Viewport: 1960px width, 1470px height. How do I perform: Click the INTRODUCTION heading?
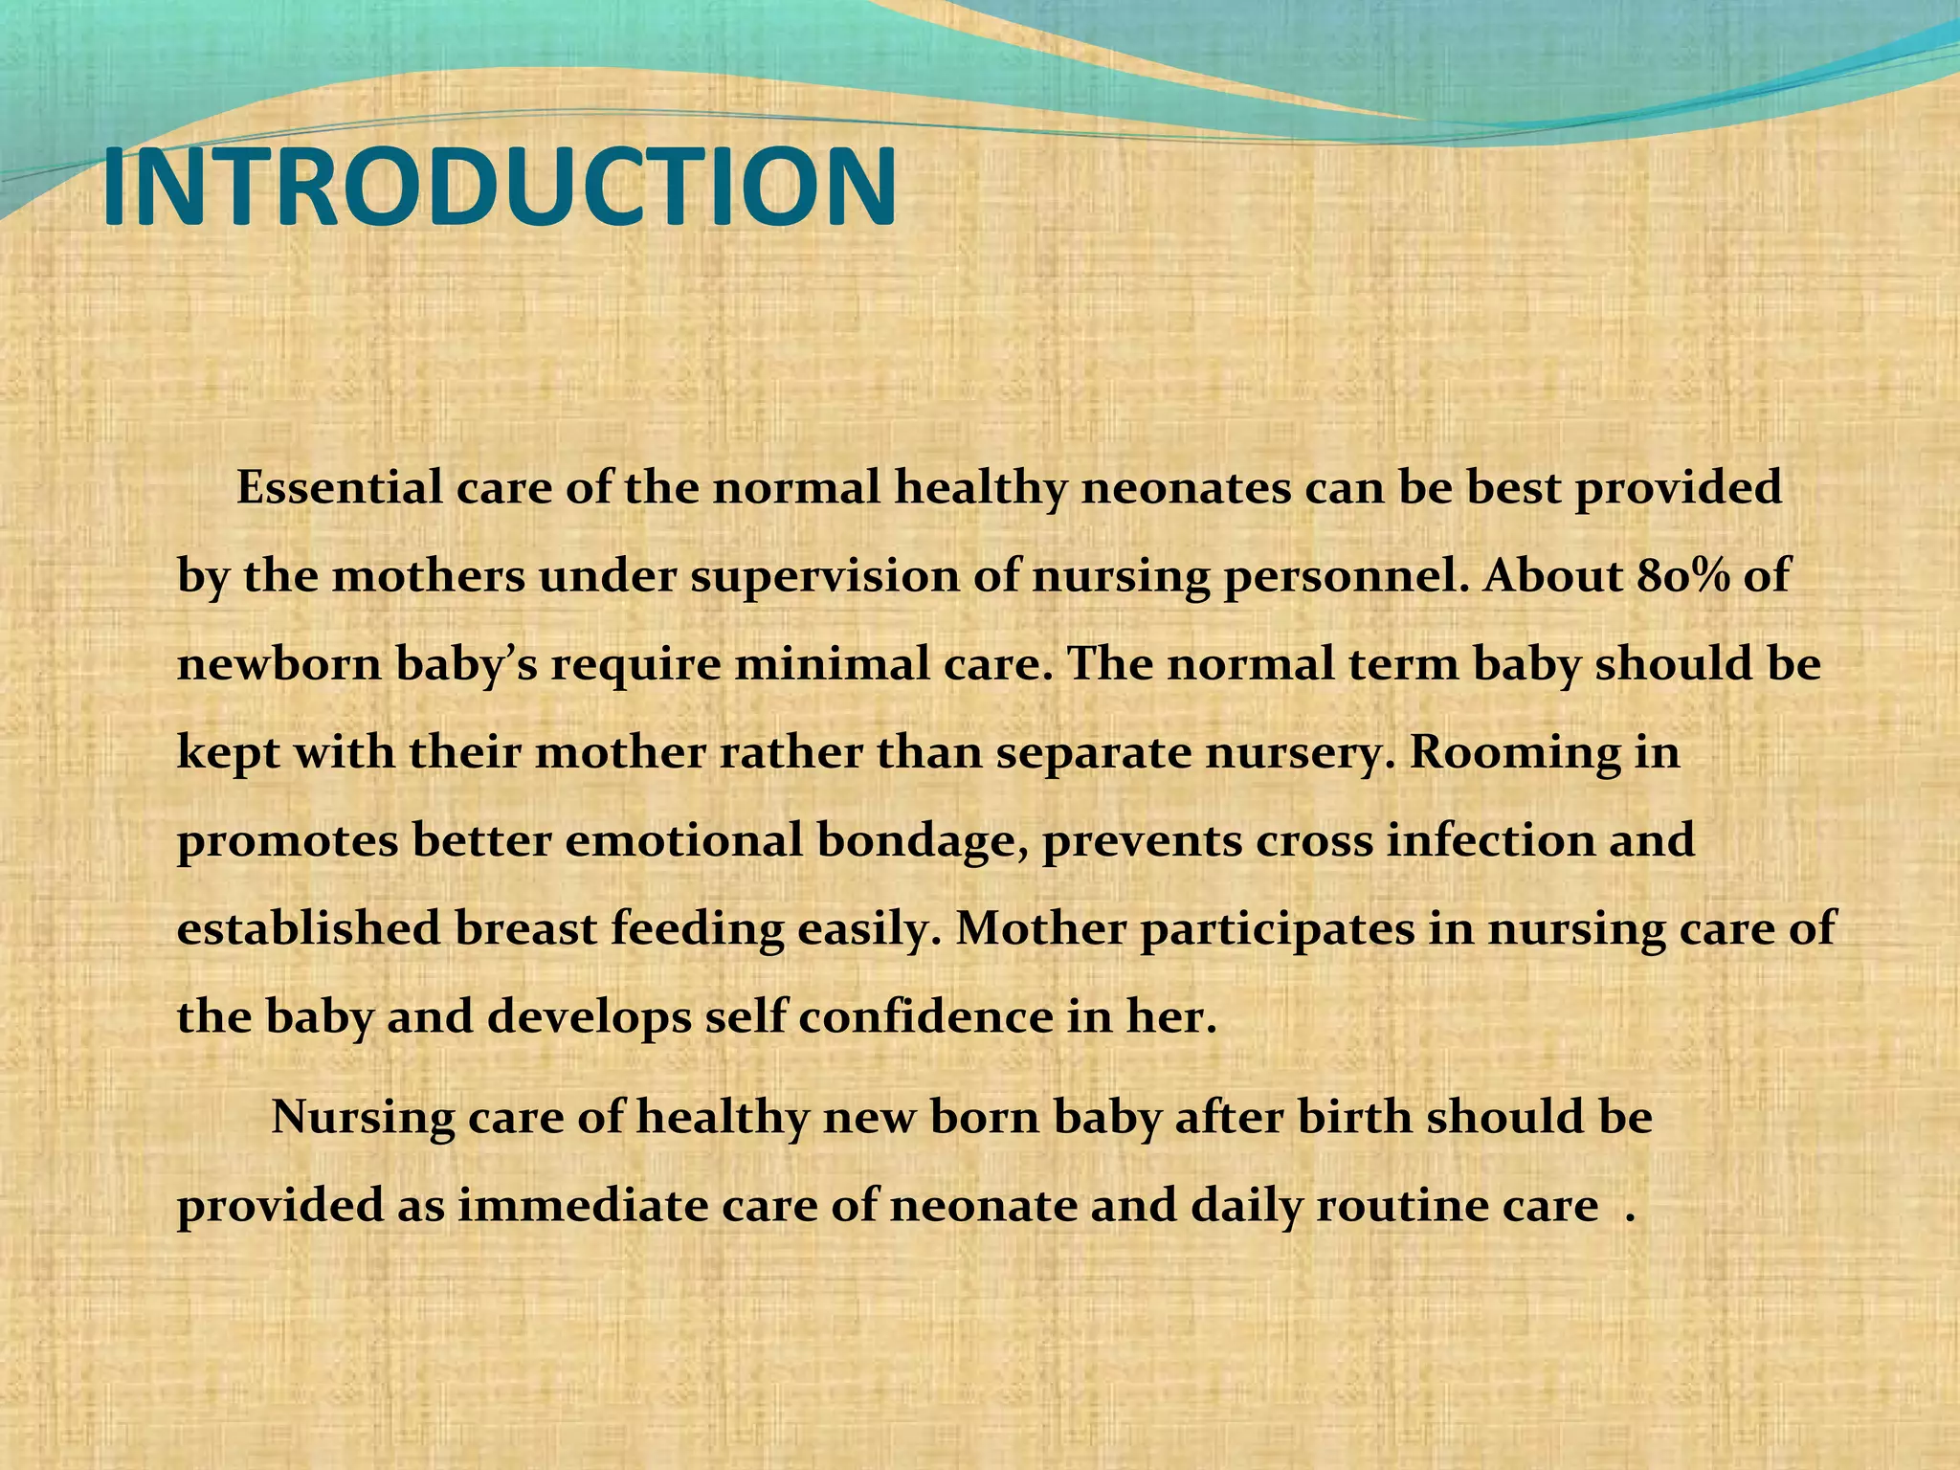pyautogui.click(x=499, y=189)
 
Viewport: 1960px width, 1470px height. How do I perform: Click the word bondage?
pyautogui.click(x=923, y=841)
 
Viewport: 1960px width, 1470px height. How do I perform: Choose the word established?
pyautogui.click(x=308, y=929)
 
